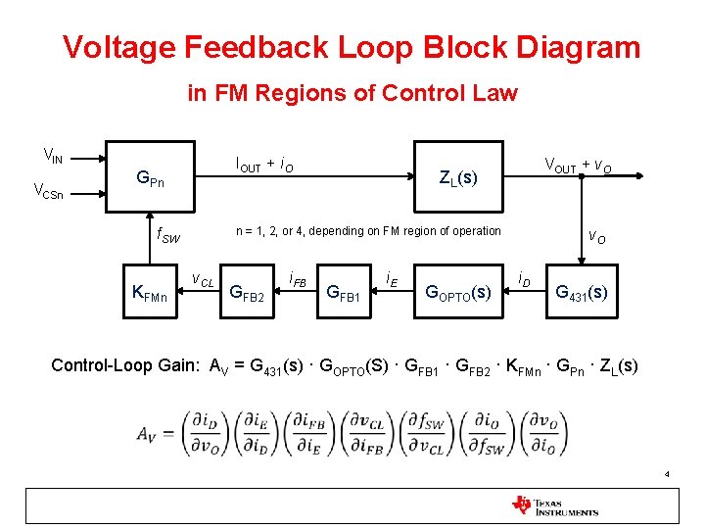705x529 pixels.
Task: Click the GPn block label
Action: (x=150, y=179)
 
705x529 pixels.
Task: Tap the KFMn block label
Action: (x=156, y=293)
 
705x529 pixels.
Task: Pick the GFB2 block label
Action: (x=246, y=292)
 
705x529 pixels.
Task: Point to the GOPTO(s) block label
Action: (x=457, y=292)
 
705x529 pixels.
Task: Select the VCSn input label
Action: (x=49, y=191)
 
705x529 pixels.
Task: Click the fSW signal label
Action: (x=168, y=236)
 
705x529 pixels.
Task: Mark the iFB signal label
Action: (x=298, y=280)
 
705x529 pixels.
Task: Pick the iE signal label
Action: (x=390, y=278)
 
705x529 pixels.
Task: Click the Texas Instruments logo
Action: (x=555, y=505)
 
